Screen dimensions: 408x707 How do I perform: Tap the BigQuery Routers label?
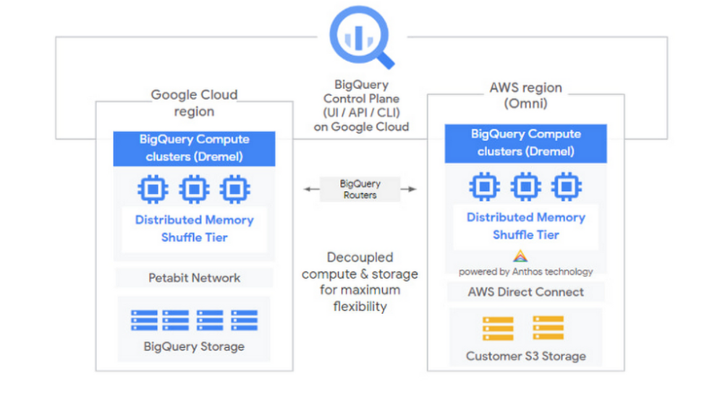360,190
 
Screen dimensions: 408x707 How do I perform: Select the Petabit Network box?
194,278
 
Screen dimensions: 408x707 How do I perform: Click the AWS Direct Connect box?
525,292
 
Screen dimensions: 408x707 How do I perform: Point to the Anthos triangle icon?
520,256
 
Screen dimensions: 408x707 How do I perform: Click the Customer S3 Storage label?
525,356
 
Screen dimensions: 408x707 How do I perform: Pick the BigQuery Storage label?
194,347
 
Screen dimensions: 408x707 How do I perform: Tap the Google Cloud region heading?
194,103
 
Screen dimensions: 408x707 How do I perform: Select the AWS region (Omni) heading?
525,95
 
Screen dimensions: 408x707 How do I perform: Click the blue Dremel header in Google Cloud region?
194,148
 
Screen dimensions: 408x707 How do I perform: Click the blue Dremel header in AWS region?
525,143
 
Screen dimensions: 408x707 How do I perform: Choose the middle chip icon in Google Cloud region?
194,190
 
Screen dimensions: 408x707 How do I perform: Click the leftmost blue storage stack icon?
144,320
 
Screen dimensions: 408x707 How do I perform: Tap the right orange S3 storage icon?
548,328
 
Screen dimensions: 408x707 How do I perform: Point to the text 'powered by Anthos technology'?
525,272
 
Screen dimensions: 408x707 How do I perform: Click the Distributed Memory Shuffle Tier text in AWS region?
525,226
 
